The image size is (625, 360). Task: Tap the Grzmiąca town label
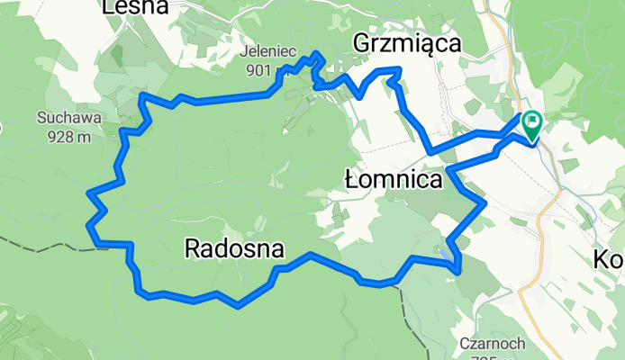pyautogui.click(x=406, y=43)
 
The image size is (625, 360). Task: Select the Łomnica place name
pyautogui.click(x=394, y=180)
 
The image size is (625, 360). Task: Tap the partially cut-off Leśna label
pyautogui.click(x=136, y=7)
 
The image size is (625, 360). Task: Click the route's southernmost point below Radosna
pyautogui.click(x=237, y=306)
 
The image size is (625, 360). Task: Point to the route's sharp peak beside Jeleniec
pyautogui.click(x=316, y=54)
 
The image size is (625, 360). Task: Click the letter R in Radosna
pyautogui.click(x=192, y=248)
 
